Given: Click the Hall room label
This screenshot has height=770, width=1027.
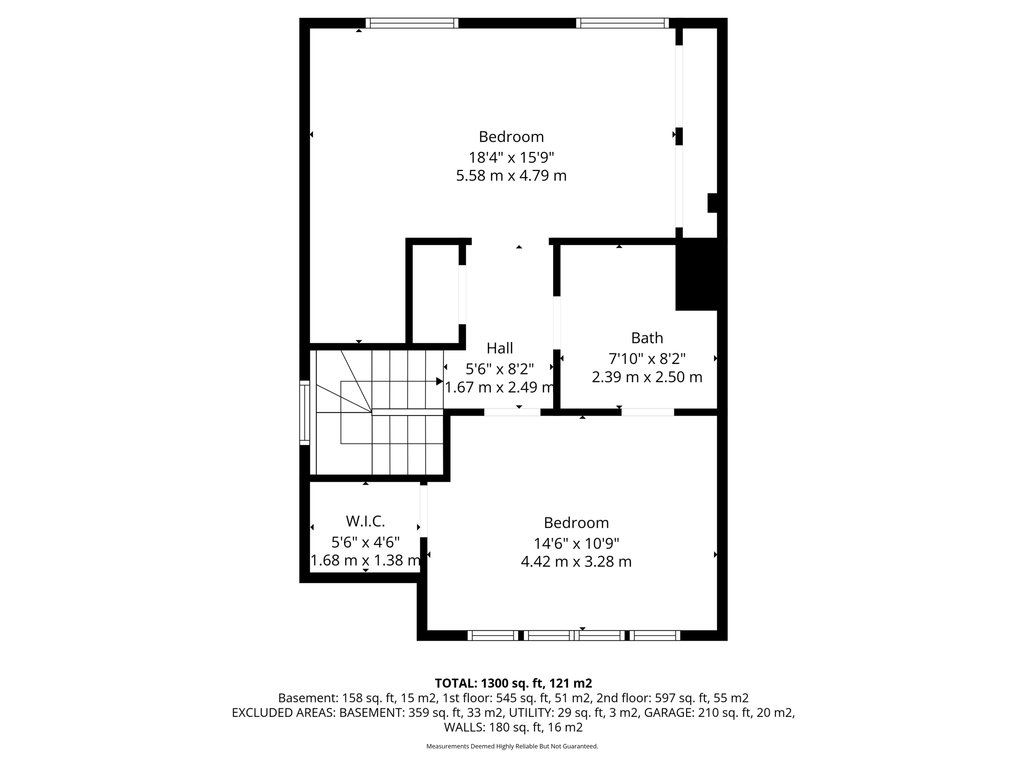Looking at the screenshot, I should click(499, 348).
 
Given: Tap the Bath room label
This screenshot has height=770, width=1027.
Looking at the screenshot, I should click(647, 338).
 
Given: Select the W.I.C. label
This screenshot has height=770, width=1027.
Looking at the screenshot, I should click(365, 521).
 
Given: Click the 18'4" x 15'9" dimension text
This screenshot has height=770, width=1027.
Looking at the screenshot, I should click(511, 158).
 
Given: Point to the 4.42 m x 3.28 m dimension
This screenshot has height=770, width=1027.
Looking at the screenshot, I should click(576, 562).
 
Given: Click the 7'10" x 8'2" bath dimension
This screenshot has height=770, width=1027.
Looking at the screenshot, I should click(647, 359).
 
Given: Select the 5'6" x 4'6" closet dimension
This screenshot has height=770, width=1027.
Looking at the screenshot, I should click(365, 542).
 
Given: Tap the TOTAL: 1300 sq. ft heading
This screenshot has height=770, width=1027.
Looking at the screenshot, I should click(513, 683).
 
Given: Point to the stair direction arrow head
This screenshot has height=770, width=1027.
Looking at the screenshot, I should click(439, 381).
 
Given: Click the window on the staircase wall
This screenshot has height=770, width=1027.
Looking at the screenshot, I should click(304, 413).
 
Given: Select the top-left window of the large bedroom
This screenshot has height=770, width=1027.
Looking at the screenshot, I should click(412, 23).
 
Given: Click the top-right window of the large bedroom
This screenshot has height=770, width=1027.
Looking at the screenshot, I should click(622, 23).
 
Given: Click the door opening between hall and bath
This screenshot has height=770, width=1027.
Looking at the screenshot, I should click(557, 322).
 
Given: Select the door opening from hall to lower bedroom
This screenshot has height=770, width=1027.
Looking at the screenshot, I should click(512, 412).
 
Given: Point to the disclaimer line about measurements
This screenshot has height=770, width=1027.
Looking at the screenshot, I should click(512, 746).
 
